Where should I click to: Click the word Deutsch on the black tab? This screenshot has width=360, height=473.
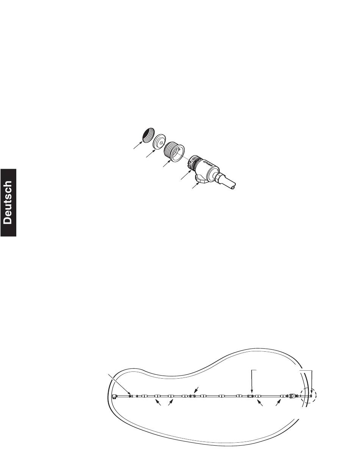click(8, 202)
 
